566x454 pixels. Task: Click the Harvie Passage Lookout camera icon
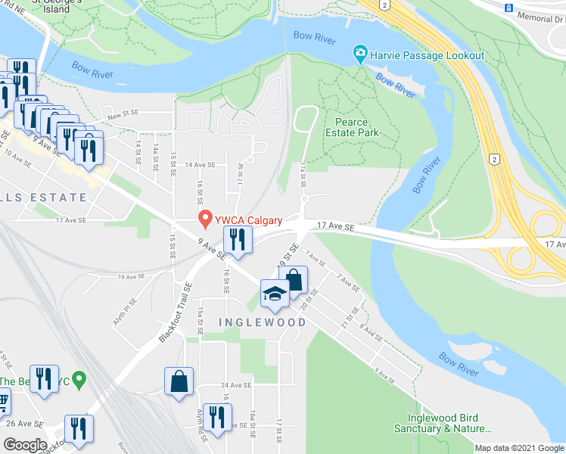tap(360, 55)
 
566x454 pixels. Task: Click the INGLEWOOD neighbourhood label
tap(263, 322)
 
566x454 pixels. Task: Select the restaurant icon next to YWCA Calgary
tap(238, 241)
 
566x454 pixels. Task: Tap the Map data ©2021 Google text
tap(518, 448)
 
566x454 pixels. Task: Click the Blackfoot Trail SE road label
tap(173, 312)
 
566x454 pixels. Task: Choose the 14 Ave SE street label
tap(200, 164)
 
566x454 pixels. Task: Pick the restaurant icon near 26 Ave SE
tap(78, 429)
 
